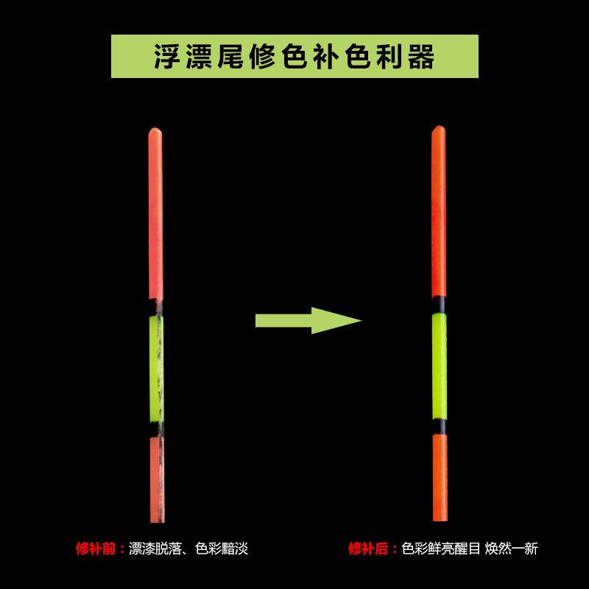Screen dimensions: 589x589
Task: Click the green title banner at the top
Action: point(294,56)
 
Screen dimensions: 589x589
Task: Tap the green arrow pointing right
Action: point(308,320)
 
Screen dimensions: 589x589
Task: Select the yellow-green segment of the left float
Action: point(156,368)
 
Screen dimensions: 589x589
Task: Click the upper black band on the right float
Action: point(439,305)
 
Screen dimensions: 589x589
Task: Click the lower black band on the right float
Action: point(439,426)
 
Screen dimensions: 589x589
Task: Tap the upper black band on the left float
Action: point(156,307)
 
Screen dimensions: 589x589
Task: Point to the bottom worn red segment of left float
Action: point(157,479)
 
